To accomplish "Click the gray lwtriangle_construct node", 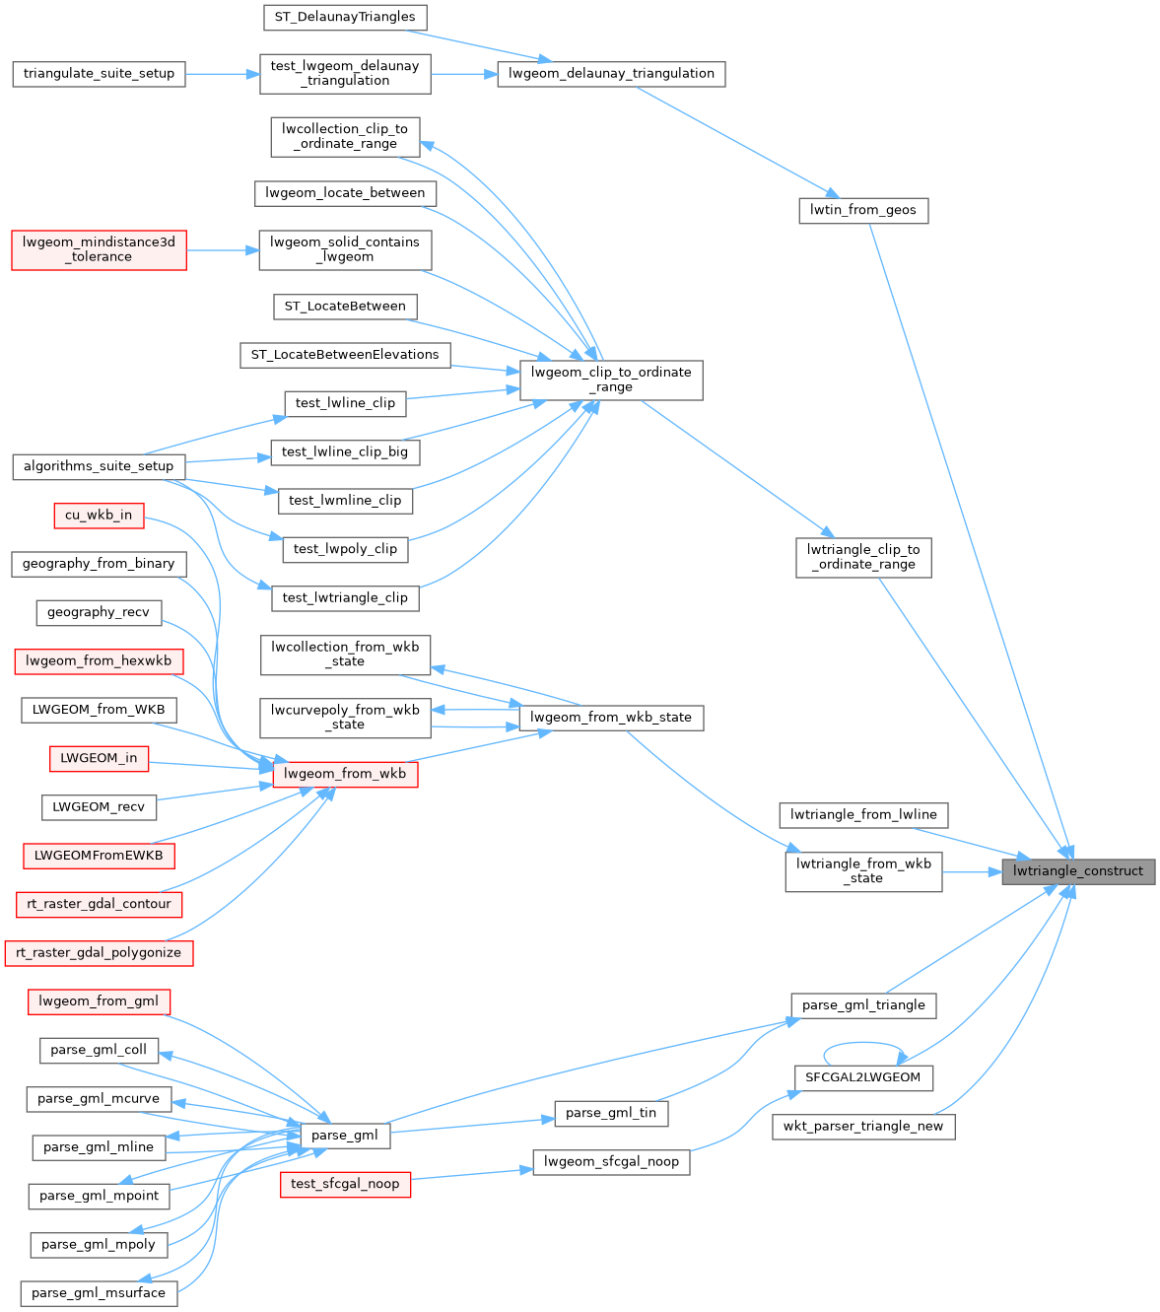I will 1077,871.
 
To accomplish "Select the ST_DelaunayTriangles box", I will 345,17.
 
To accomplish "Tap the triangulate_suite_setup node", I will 99,74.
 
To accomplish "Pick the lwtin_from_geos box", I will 862,210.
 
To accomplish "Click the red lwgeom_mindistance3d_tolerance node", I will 99,249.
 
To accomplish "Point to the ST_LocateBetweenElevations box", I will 345,355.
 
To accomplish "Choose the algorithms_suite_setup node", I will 99,466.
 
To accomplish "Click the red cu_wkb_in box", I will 99,515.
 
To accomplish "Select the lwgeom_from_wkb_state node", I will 611,718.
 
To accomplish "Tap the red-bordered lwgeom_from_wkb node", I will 345,774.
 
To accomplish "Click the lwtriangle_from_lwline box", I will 864,815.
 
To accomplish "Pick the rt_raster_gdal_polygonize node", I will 99,953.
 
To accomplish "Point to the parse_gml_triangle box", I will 863,1005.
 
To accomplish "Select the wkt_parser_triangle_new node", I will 863,1127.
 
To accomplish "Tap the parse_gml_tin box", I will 611,1113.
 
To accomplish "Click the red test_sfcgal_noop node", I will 345,1184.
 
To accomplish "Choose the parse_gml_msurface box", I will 99,1293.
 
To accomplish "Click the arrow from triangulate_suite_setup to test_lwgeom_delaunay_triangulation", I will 222,74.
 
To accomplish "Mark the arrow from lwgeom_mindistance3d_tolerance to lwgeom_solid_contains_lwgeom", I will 222,250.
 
